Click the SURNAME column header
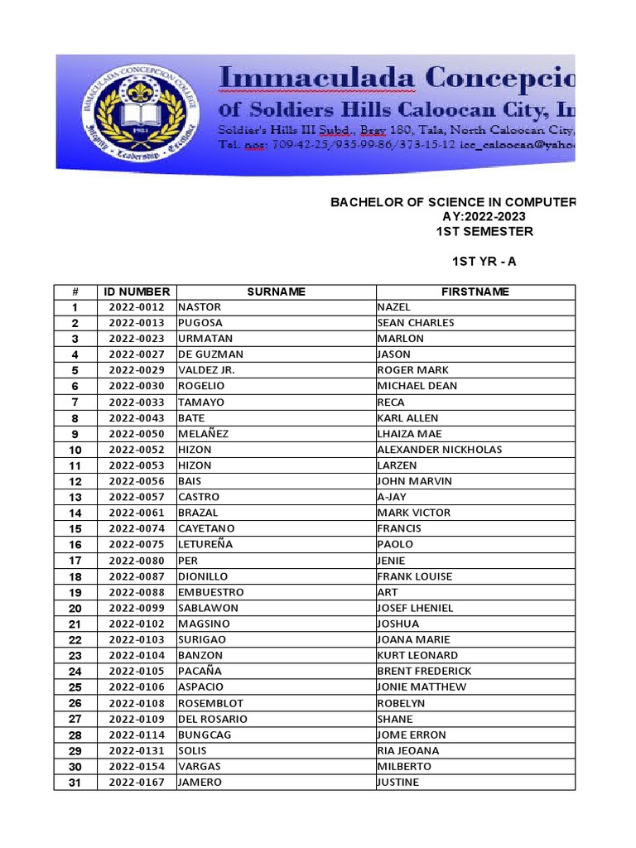pos(276,291)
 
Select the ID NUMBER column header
pos(137,291)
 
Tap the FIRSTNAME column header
pos(475,291)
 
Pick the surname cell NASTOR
pos(200,307)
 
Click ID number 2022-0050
pos(137,434)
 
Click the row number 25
pos(75,687)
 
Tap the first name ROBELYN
pos(402,703)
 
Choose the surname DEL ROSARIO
pos(213,719)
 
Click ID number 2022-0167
pos(137,783)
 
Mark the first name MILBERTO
pos(404,767)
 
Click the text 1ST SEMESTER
pos(484,231)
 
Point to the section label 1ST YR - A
pos(484,262)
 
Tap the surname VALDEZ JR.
pos(206,370)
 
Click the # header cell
pos(75,291)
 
